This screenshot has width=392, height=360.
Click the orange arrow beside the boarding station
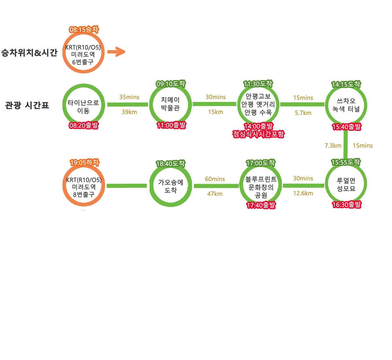[x=116, y=52]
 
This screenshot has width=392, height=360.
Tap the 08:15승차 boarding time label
[x=84, y=30]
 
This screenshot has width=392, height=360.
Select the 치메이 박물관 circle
[x=170, y=104]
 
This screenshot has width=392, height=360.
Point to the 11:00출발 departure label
[x=171, y=125]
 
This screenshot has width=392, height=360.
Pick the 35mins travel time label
[x=129, y=97]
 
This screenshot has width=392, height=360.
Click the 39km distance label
[x=129, y=112]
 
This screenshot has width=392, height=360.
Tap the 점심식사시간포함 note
[x=258, y=134]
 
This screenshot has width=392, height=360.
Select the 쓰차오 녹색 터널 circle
[x=346, y=105]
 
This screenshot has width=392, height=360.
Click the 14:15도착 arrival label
[x=346, y=84]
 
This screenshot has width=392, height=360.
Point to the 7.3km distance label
[x=333, y=146]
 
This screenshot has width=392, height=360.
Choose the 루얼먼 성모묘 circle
[x=346, y=185]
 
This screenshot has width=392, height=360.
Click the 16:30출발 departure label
[x=347, y=205]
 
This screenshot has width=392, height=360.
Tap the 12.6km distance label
[x=303, y=193]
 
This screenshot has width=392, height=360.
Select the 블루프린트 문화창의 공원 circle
[x=260, y=187]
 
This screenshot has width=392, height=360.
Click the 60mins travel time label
[x=215, y=179]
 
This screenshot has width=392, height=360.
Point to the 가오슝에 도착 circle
[x=171, y=186]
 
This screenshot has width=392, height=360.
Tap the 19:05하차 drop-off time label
[x=84, y=163]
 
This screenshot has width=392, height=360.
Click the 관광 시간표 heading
[x=27, y=105]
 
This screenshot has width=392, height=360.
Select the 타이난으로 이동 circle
[x=83, y=106]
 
